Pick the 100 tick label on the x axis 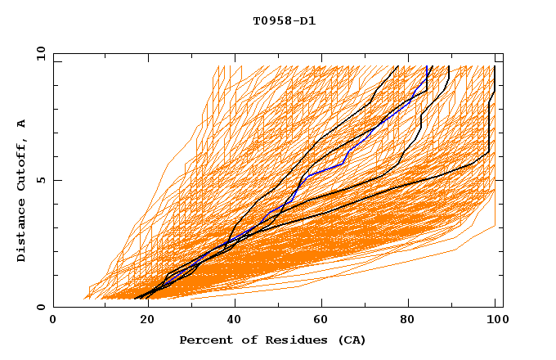pyautogui.click(x=495, y=320)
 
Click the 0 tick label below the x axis pyautogui.click(x=53, y=320)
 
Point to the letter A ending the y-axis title pyautogui.click(x=22, y=124)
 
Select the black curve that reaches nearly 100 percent pyautogui.click(x=489, y=123)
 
